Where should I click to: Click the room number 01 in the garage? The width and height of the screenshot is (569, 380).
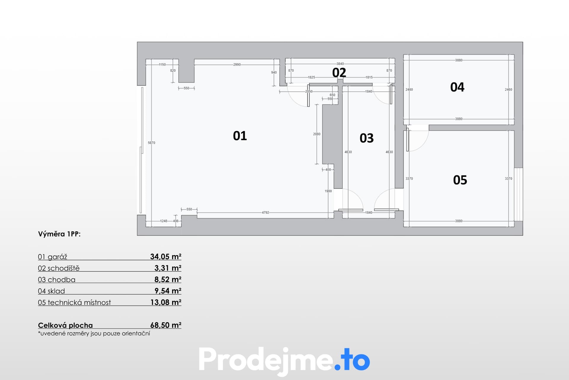[240, 136]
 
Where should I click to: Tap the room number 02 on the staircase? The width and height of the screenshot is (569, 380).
[339, 72]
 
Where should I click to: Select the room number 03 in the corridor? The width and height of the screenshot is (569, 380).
[367, 138]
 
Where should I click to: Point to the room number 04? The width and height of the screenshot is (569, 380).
[457, 87]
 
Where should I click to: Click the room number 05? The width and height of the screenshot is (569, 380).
[460, 180]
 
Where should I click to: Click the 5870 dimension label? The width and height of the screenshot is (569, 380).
[151, 143]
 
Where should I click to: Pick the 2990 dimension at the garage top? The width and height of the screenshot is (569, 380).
[237, 64]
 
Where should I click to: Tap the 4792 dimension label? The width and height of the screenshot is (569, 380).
[266, 213]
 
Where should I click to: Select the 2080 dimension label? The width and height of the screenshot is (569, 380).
[317, 134]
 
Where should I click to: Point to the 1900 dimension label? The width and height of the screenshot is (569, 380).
[328, 191]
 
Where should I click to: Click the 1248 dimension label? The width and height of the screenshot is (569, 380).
[164, 221]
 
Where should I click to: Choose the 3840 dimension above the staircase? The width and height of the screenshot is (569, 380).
[340, 64]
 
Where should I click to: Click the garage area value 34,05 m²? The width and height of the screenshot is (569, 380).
[166, 256]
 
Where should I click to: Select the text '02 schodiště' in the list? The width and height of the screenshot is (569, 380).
[59, 268]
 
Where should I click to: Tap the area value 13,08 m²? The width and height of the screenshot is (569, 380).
[166, 302]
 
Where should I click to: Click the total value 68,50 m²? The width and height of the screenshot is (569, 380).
[166, 325]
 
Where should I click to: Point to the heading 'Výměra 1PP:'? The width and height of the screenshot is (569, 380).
[59, 234]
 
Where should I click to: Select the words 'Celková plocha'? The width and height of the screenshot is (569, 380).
[65, 325]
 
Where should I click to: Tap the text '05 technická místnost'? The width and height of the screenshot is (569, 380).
[74, 303]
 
